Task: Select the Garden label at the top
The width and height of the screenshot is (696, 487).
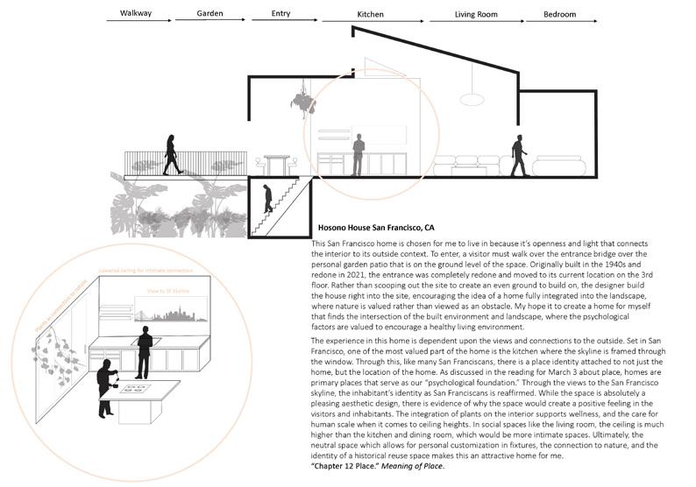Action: tap(200, 15)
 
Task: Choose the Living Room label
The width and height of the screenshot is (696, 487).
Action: tap(476, 15)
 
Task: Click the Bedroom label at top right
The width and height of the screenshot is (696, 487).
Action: tap(559, 15)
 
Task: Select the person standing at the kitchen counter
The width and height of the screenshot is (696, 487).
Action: tap(358, 154)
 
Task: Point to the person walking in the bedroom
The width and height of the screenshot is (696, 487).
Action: tap(519, 154)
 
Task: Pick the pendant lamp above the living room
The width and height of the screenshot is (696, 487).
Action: tap(473, 90)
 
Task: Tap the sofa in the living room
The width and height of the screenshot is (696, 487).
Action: tap(467, 166)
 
